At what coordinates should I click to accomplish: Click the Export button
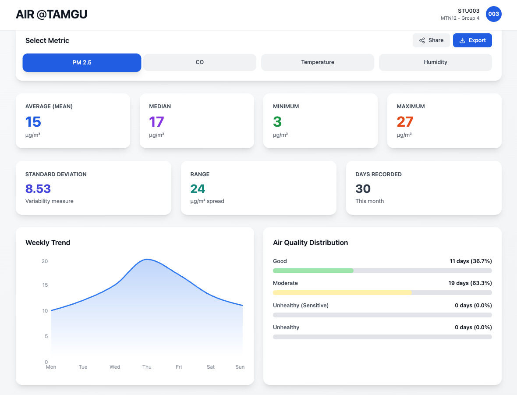472,40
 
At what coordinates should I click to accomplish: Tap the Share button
431,40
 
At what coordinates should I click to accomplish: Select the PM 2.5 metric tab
82,62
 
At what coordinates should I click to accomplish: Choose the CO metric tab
200,62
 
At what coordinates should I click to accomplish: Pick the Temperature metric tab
318,62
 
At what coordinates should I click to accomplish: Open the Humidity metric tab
436,62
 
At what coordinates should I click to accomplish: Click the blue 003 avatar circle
494,14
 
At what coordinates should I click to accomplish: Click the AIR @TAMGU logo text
52,14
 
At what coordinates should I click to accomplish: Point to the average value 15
33,122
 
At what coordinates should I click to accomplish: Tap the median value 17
157,122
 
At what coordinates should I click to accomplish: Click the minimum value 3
277,122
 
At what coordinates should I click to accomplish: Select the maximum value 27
405,122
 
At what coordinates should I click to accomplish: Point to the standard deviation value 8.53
38,189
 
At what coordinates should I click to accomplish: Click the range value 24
198,189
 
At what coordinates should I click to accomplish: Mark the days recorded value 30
363,189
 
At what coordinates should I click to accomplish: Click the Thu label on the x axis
147,367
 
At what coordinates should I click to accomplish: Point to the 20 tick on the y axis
45,261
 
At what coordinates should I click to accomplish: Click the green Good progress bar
313,271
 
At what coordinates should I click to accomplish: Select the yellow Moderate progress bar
342,292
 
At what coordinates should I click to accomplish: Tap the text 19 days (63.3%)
470,283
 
